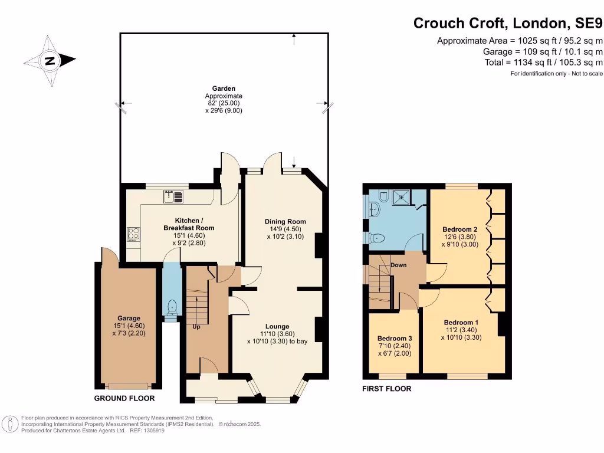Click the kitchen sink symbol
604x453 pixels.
(x=174, y=196)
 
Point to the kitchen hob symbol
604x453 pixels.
(x=133, y=234)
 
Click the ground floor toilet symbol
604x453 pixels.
(x=172, y=307)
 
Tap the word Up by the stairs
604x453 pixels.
(x=196, y=326)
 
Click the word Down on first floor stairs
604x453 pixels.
(x=399, y=265)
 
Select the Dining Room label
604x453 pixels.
(x=285, y=222)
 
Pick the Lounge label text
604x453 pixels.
(x=277, y=326)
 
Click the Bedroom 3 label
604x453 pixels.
(x=394, y=338)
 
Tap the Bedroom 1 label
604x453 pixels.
(x=461, y=322)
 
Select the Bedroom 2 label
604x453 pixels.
(x=459, y=229)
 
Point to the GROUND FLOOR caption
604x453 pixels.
(x=124, y=398)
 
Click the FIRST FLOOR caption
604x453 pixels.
(x=387, y=389)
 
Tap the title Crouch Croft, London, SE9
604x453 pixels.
(x=508, y=23)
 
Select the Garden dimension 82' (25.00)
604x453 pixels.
(x=224, y=103)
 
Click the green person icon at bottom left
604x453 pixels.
(x=9, y=424)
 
